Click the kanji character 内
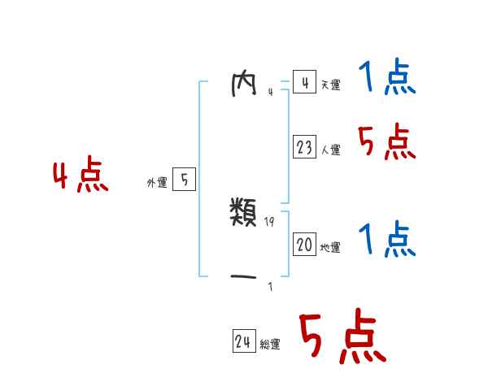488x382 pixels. pos(245,83)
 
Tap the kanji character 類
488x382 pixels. pos(245,214)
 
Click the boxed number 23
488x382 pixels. pos(304,147)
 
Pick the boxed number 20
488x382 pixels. pos(304,245)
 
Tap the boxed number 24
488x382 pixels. pos(243,341)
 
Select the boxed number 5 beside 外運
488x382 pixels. pos(184,180)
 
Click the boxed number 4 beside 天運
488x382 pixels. pos(304,83)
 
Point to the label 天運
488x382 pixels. pos(330,85)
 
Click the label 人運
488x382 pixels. pos(330,150)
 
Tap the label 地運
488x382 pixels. pos(330,248)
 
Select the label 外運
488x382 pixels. pos(157,183)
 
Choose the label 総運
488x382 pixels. pos(270,345)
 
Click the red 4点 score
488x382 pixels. pos(81,177)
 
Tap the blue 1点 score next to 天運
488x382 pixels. pos(386,79)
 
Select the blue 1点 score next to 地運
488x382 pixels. pos(386,240)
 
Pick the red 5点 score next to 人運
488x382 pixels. pos(386,143)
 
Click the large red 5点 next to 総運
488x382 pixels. pos(342,338)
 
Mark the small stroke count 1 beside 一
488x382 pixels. pos(270,286)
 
